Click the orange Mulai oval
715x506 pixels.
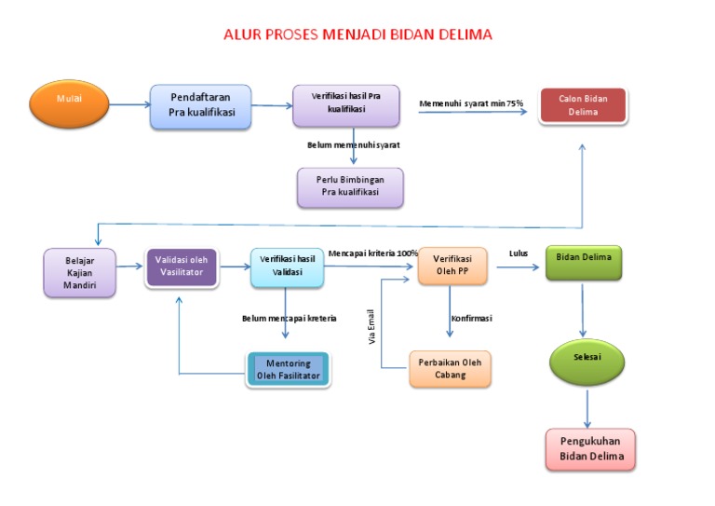(69, 104)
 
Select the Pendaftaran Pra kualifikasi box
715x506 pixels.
(201, 107)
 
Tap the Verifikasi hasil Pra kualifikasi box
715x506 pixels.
(346, 105)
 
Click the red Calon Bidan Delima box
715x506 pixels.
(583, 105)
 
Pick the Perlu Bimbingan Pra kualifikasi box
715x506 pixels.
(351, 187)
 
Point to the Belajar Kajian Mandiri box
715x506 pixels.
(80, 272)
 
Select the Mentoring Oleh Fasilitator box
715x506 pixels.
(288, 369)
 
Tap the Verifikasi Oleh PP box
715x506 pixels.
(452, 266)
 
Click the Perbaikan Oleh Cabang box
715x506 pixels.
(450, 369)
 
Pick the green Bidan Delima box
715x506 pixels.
(583, 263)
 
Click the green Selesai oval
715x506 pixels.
(587, 360)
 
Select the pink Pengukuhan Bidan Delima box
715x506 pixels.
(590, 450)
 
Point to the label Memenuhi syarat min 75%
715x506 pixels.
(471, 103)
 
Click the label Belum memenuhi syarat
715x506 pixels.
(354, 145)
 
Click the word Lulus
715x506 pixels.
(519, 253)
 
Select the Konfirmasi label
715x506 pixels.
(471, 318)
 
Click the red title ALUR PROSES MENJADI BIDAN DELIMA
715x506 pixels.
(357, 34)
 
